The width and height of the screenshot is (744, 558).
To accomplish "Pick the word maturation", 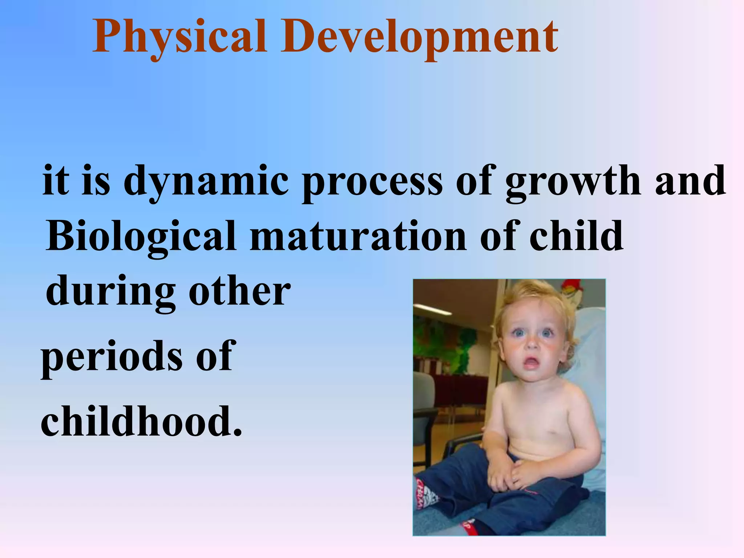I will pyautogui.click(x=358, y=236).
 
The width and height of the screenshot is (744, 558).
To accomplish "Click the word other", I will pyautogui.click(x=240, y=291).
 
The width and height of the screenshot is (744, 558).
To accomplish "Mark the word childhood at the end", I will pyautogui.click(x=136, y=421).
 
